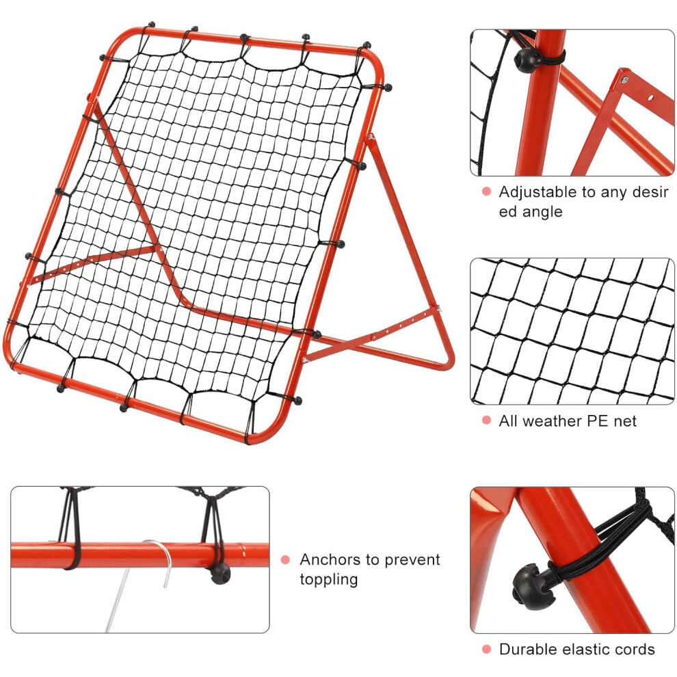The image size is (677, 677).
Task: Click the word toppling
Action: (329, 580)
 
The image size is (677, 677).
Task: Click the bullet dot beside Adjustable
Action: (487, 191)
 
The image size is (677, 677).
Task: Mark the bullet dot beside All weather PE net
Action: (487, 421)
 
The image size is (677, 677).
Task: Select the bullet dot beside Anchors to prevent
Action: (285, 560)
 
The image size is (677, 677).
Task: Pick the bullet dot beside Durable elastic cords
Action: (487, 649)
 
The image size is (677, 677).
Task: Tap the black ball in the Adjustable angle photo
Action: (527, 60)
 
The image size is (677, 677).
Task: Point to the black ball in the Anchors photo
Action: (220, 573)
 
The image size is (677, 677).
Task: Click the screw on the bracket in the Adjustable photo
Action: (624, 79)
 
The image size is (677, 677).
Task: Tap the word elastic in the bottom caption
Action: (586, 650)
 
